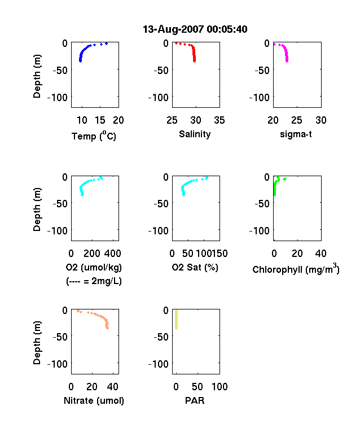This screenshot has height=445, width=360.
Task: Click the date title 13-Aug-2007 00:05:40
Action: pos(195,29)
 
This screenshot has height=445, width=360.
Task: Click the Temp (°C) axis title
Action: pos(94,136)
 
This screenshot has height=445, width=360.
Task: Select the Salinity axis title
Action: pos(195,134)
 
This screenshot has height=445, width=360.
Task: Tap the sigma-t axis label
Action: pos(296,134)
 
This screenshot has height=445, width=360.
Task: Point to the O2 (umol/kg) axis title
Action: pos(94,267)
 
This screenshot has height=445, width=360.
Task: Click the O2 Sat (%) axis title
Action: pos(195,267)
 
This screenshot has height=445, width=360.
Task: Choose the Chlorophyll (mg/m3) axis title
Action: pos(296,268)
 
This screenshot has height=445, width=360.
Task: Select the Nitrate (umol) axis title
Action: pos(94,400)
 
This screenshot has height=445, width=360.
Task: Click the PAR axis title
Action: pos(195,400)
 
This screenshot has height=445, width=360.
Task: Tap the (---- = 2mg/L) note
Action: pos(94,281)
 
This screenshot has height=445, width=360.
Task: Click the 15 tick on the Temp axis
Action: pos(100,120)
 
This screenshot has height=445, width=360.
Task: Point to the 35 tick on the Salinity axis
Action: pos(219,120)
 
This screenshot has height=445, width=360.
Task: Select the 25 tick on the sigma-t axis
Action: pos(296,120)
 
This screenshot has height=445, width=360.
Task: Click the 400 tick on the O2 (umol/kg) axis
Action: pos(112,254)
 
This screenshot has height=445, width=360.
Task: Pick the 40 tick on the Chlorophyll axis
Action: pos(321,254)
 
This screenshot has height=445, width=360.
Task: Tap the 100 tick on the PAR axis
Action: pos(219,386)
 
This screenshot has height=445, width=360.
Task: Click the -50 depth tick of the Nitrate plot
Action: pos(60,337)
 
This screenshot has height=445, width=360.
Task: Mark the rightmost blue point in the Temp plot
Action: pos(107,43)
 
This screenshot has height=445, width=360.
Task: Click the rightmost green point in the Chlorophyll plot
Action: pos(285,179)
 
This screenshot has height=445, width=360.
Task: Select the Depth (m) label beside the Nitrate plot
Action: pos(37,343)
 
